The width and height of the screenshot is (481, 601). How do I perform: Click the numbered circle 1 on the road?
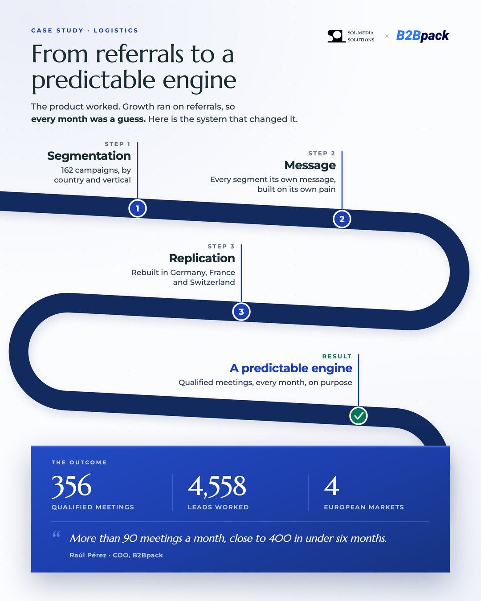(138, 208)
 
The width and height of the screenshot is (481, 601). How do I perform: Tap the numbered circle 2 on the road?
(342, 219)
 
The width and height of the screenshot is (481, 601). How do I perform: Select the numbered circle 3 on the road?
(241, 312)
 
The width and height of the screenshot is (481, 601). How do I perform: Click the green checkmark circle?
(359, 416)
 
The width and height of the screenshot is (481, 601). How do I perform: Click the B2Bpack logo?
(423, 36)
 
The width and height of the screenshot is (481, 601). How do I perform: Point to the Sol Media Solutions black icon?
(337, 36)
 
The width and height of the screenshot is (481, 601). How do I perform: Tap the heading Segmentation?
(89, 156)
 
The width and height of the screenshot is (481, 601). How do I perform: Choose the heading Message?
(310, 165)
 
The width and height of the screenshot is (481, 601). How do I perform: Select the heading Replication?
(202, 258)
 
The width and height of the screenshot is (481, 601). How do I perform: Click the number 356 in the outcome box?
(72, 486)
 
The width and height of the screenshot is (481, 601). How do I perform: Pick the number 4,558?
(217, 487)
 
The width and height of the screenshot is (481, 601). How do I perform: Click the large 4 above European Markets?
(331, 486)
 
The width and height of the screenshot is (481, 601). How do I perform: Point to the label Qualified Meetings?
(93, 507)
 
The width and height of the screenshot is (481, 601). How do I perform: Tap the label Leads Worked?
(218, 507)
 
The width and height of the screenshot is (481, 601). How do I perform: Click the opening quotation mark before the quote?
(56, 534)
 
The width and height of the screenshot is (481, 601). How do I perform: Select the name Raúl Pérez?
(88, 555)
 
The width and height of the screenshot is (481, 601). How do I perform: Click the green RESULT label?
(337, 356)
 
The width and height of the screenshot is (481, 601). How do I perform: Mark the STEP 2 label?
(322, 153)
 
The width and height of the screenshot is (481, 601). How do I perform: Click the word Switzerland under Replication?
(212, 282)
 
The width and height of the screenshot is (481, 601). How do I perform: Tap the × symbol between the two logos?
(387, 36)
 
